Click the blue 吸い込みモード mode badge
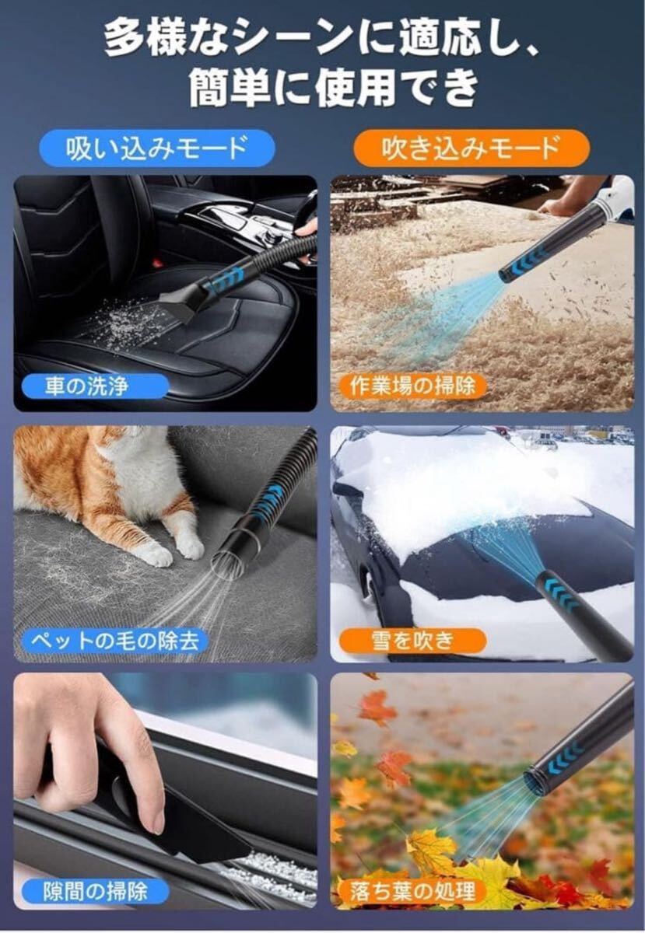[156, 149]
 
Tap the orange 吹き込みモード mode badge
[471, 149]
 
